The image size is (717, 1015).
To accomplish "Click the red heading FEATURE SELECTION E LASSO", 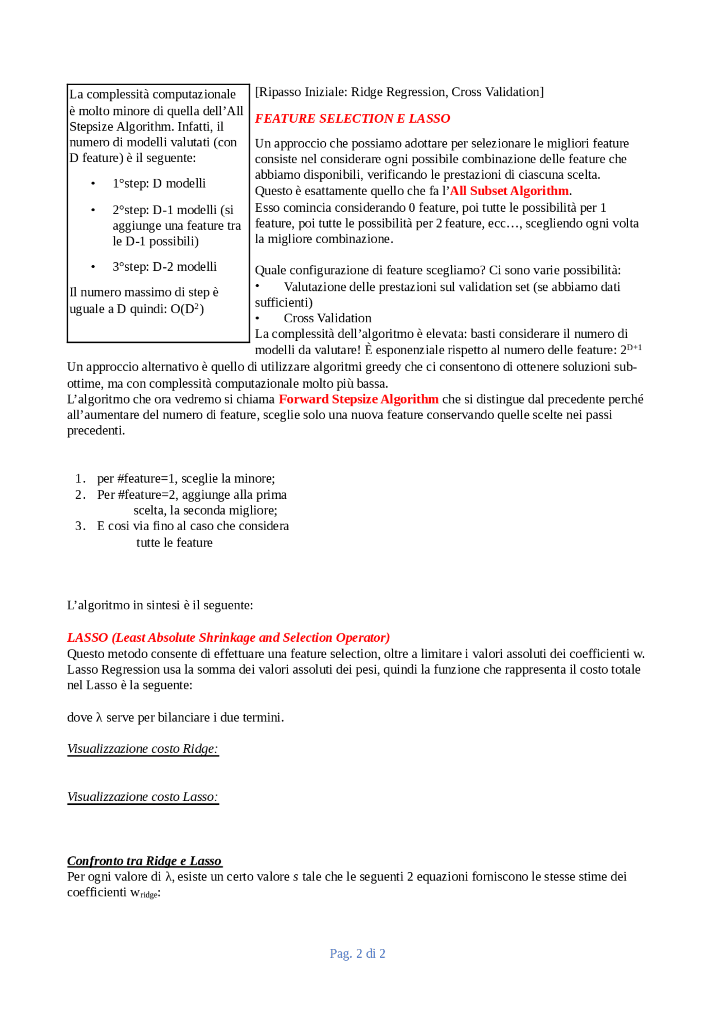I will (x=352, y=118).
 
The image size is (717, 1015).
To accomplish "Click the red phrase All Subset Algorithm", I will (x=510, y=191).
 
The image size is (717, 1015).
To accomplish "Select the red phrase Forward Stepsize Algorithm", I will (x=358, y=399).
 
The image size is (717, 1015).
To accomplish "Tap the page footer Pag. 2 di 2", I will (x=357, y=953).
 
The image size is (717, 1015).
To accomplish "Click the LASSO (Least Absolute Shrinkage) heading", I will (x=229, y=637).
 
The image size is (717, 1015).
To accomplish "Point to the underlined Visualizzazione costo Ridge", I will (x=142, y=749).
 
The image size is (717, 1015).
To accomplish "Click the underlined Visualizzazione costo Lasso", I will (x=142, y=797).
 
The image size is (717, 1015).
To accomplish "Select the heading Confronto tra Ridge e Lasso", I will (x=144, y=861).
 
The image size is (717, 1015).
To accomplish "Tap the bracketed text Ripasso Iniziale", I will (x=399, y=92).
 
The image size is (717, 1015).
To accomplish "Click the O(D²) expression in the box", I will (x=187, y=309).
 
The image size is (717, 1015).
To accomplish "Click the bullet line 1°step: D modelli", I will (x=159, y=183).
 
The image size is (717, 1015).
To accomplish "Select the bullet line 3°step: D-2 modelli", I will (x=164, y=267).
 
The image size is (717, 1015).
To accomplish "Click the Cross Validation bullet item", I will (x=327, y=318).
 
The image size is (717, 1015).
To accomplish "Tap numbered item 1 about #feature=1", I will (x=185, y=479).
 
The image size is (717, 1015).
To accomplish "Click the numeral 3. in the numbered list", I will (x=80, y=526).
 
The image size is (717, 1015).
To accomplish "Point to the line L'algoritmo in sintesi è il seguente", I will (x=160, y=605).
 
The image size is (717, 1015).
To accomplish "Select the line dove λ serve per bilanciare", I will (x=175, y=717).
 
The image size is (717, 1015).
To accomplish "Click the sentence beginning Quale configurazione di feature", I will (x=437, y=270).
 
